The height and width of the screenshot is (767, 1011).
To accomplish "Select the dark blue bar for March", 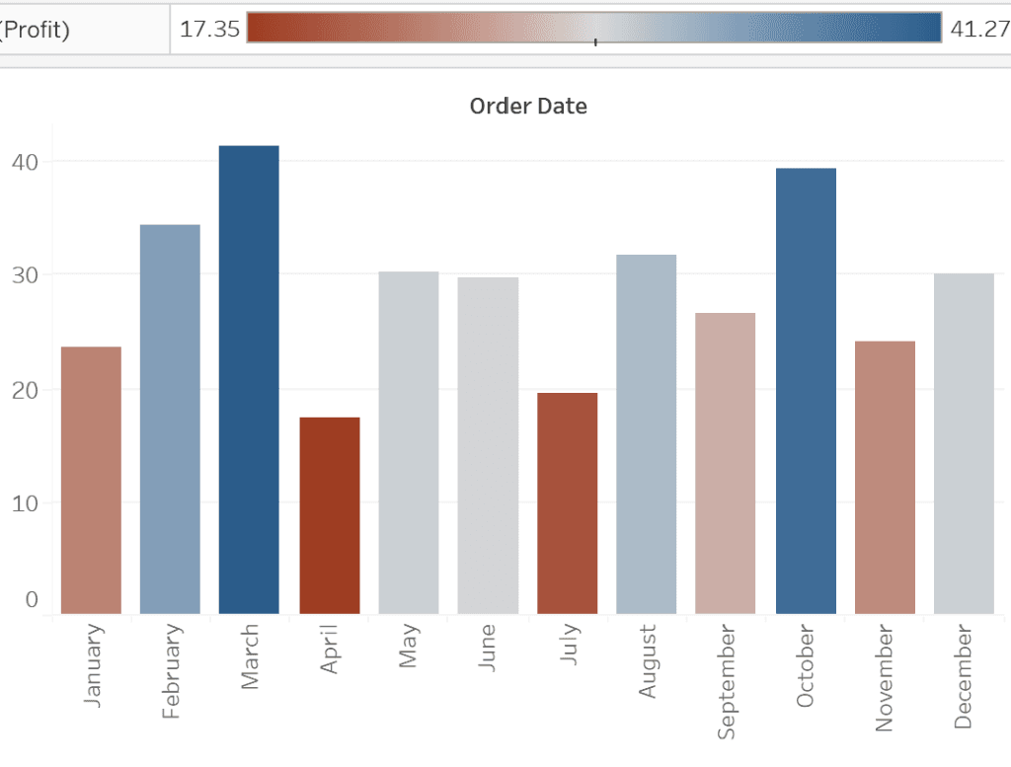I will [249, 380].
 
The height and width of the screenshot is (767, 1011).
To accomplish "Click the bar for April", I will [329, 515].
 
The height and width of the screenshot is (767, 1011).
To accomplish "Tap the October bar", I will [806, 391].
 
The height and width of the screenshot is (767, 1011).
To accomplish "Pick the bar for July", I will [567, 503].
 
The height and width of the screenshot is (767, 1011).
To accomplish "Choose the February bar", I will [170, 420].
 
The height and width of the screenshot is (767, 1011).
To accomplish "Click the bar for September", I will [726, 464].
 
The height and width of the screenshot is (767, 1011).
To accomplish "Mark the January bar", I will [91, 481].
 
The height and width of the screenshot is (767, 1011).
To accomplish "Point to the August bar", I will [647, 434].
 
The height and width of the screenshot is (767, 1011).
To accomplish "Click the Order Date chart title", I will [528, 107].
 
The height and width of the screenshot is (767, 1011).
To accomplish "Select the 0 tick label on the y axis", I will [32, 599].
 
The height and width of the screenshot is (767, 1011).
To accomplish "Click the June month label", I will [487, 648].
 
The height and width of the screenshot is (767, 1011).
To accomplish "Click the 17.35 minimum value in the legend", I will [210, 29].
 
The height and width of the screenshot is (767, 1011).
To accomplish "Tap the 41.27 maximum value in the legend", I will [977, 29].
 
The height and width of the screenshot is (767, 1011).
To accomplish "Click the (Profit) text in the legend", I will [35, 30].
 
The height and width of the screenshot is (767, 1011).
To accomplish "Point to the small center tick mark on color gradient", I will [595, 41].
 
